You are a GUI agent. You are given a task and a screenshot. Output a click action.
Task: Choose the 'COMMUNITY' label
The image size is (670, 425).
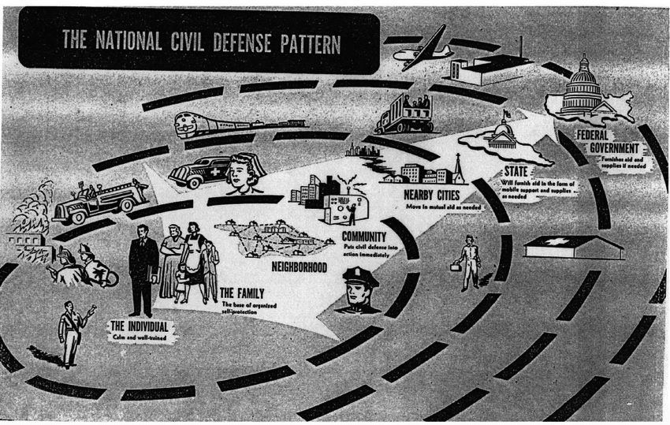coord(363,237)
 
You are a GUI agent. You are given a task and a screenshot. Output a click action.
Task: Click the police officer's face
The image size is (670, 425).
coord(361,291)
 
